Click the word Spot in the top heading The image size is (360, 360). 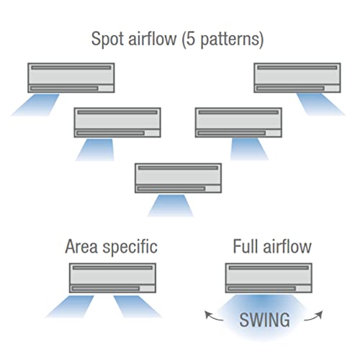[108, 39]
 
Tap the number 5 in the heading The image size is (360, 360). [190, 39]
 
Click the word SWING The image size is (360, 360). [264, 320]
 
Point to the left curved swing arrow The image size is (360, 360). [213, 316]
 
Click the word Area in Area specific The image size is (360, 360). [81, 246]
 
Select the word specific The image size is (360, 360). [130, 247]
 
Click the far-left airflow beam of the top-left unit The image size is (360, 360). [35, 105]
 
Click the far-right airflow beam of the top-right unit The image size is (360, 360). [320, 104]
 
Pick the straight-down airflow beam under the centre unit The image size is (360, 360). [171, 206]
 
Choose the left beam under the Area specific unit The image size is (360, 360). [70, 307]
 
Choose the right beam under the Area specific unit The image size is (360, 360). [137, 307]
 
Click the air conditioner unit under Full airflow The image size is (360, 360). [269, 278]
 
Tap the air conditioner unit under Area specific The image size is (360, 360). [112, 278]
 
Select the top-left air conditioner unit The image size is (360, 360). [71, 78]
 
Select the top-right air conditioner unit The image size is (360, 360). [297, 78]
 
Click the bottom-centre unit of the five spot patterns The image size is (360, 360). [178, 178]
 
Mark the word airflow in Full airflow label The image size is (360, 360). [287, 246]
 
